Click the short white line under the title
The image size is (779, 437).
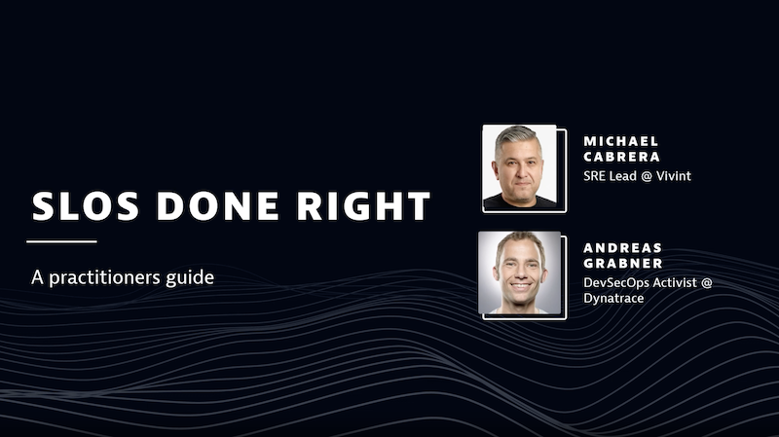[61, 240]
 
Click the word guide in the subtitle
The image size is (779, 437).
[191, 277]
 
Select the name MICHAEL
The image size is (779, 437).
[620, 141]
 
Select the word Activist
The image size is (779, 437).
[688, 282]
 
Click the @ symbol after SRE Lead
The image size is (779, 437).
[648, 176]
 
